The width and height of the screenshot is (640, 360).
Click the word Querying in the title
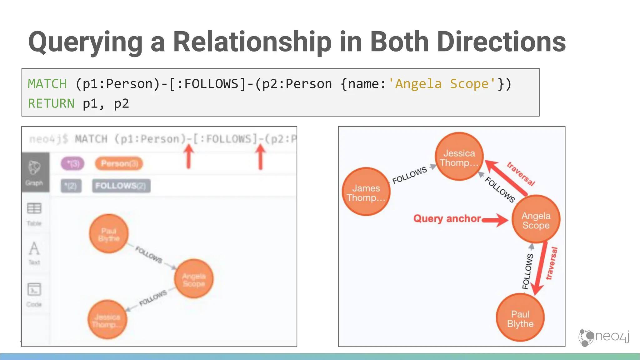85,42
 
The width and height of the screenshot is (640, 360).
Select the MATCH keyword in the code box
47,84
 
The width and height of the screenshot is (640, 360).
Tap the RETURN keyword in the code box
51,103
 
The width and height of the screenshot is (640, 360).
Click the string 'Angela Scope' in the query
442,84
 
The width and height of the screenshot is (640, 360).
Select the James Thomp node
366,192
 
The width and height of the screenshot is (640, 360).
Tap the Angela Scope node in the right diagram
536,219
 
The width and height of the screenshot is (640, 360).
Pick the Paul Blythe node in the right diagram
520,317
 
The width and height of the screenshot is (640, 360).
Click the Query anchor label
447,218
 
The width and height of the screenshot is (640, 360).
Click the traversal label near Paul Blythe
552,263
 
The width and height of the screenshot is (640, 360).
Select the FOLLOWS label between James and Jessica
409,175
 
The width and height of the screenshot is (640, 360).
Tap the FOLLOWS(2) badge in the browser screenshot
121,186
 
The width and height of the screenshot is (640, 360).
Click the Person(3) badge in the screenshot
119,164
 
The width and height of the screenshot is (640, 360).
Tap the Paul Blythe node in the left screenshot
109,234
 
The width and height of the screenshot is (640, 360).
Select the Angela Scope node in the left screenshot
194,279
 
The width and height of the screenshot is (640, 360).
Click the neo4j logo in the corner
604,337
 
